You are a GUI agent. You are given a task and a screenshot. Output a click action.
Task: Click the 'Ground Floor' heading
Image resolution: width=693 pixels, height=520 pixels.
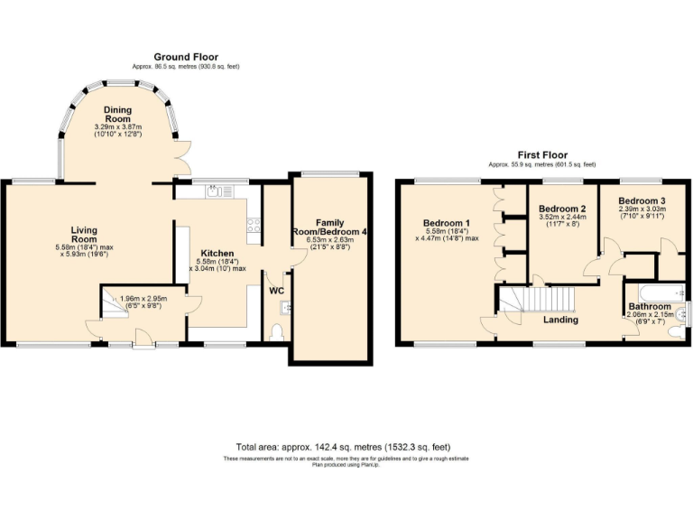point(185,57)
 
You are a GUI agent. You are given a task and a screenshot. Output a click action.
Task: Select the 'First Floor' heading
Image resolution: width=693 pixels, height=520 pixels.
point(541,155)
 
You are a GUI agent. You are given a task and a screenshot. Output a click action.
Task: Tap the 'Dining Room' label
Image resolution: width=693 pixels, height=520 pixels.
point(117,115)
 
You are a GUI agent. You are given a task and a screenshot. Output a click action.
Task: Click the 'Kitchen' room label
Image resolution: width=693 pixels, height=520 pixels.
point(217,254)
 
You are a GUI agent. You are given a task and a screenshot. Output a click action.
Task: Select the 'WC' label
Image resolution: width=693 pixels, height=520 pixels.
point(277,291)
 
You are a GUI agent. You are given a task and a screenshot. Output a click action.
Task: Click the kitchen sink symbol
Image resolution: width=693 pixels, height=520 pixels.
point(214,191)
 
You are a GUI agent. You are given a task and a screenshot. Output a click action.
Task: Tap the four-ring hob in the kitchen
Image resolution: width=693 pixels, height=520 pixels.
point(254,226)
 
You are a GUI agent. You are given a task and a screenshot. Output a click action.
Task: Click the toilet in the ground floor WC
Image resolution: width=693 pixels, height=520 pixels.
point(277,333)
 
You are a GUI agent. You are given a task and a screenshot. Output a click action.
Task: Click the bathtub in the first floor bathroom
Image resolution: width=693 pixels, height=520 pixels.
point(656,292)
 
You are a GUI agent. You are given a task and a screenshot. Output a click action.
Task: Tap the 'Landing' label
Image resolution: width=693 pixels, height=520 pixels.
point(559,320)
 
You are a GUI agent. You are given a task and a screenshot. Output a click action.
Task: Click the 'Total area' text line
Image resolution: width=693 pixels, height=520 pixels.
point(343,447)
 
